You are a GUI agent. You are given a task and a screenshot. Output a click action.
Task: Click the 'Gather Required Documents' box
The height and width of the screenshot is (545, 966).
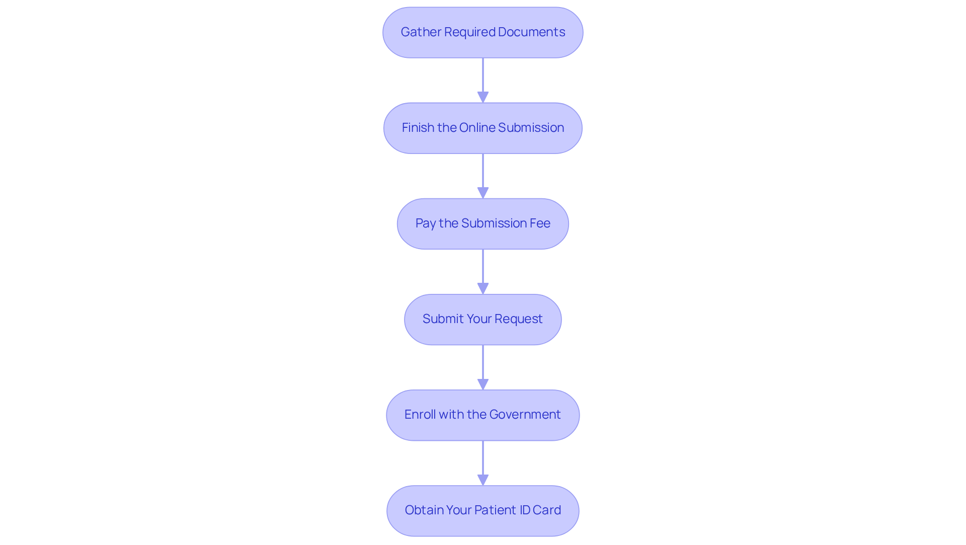click(483, 32)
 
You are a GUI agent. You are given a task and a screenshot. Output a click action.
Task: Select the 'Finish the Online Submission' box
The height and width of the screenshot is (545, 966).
click(483, 128)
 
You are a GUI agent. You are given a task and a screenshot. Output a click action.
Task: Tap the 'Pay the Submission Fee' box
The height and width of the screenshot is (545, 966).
click(483, 223)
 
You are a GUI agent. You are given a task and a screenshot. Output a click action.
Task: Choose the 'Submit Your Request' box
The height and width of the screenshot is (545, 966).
click(483, 319)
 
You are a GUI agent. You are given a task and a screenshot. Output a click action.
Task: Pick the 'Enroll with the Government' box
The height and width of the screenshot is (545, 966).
click(483, 415)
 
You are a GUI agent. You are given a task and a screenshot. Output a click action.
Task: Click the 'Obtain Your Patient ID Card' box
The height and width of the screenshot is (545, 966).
click(483, 510)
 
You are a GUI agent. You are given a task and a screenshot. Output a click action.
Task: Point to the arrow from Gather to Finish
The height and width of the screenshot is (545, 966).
click(483, 81)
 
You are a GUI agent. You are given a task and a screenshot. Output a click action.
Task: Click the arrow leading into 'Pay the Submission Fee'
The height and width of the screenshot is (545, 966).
click(483, 176)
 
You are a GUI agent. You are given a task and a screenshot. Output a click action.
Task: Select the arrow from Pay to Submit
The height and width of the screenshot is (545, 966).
click(483, 272)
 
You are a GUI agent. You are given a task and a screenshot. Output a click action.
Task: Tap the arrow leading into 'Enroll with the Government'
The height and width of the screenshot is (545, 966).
click(483, 367)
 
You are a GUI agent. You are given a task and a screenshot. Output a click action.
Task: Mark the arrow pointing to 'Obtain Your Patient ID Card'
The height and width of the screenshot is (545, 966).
click(483, 463)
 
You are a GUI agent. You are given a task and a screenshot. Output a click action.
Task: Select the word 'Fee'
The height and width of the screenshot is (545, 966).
click(540, 223)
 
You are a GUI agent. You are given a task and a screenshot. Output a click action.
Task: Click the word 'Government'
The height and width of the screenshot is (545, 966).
click(525, 414)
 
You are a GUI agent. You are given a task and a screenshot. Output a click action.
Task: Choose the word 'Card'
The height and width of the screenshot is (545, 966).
click(546, 510)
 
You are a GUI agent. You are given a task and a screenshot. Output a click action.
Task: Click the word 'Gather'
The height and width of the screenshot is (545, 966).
click(421, 32)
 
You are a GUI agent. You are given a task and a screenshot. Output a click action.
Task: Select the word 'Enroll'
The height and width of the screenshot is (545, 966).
click(420, 414)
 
